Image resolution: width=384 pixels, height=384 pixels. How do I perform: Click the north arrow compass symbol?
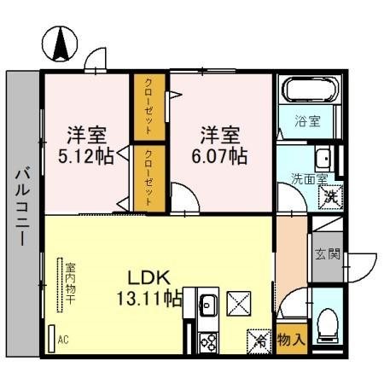tap(61, 44)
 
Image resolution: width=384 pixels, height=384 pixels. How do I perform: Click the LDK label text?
tap(150, 277)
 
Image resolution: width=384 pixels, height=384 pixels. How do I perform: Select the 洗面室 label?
tap(309, 179)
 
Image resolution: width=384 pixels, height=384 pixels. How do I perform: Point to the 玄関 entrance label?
tap(326, 253)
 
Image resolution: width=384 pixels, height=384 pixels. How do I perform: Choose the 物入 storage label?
tap(291, 339)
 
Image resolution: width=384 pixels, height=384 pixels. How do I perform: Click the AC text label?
tap(63, 339)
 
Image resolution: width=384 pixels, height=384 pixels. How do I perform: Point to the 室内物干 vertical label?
tap(68, 282)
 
